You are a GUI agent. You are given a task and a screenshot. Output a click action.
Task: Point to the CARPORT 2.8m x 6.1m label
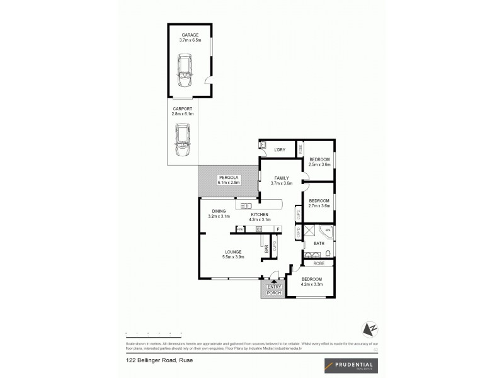pyautogui.click(x=183, y=112)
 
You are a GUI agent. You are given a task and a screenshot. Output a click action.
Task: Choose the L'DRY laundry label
pyautogui.click(x=280, y=149)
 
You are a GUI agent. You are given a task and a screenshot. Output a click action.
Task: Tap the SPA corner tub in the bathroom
pyautogui.click(x=327, y=231)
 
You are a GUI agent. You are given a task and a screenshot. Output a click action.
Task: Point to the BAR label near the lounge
pyautogui.click(x=266, y=249)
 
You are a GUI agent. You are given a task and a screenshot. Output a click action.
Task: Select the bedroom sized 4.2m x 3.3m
pyautogui.click(x=311, y=282)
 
